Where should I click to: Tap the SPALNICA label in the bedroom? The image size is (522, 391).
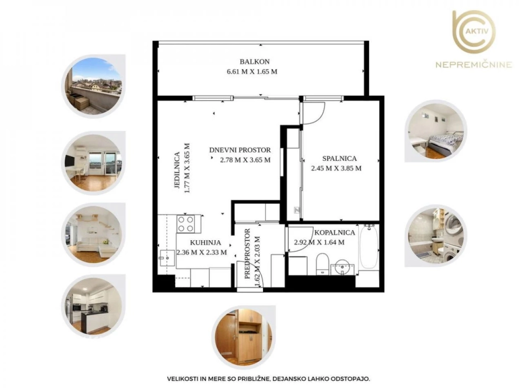(x=339, y=158)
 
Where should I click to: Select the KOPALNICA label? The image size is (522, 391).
(x=334, y=233)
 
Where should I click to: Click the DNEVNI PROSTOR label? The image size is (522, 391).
(x=240, y=150)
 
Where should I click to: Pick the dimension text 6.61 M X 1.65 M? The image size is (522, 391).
(x=252, y=71)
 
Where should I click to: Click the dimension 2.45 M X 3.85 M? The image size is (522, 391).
(x=336, y=168)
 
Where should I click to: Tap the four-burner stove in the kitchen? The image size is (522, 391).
(x=186, y=224)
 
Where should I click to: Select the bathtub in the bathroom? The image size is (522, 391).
(x=368, y=247)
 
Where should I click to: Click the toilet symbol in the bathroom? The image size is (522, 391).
(x=322, y=264)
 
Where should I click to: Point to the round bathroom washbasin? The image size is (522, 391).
(x=342, y=267)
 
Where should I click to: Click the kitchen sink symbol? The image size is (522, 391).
(x=167, y=257)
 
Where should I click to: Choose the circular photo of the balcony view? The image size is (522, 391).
(x=94, y=86)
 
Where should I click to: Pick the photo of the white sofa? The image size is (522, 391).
(x=93, y=235)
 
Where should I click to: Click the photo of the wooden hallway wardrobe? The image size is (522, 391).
(x=244, y=337)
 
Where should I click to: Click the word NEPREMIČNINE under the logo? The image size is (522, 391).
(x=474, y=64)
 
